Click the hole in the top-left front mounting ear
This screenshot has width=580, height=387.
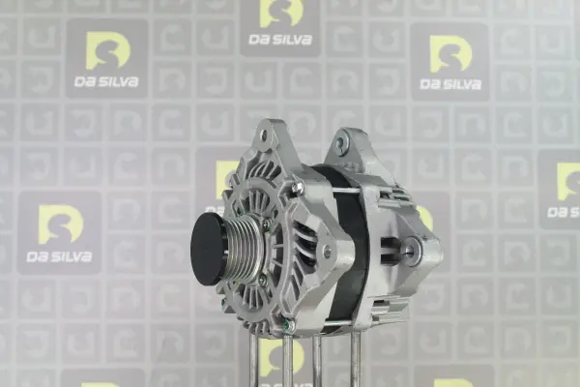pyautogui.click(x=264, y=135)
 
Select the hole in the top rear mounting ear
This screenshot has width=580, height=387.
pyautogui.click(x=341, y=143)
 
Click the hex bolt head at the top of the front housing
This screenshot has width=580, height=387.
pyautogui.click(x=297, y=188)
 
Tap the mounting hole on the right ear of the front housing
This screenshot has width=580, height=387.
pyautogui.click(x=327, y=253)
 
